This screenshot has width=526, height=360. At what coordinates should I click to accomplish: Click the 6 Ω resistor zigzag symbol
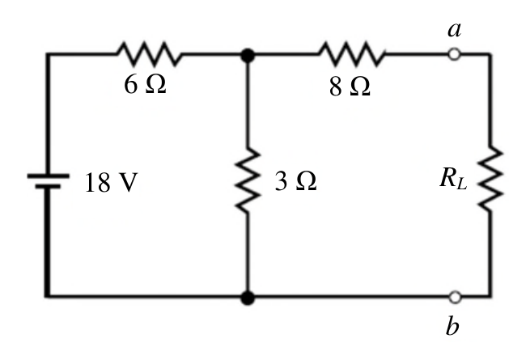tap(149, 53)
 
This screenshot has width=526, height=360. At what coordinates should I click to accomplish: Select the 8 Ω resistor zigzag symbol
tap(351, 53)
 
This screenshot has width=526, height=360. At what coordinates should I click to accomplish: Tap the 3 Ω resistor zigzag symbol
tap(248, 180)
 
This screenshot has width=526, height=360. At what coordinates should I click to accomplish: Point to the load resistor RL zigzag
tap(490, 179)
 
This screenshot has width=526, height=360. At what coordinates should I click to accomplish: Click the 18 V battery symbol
tap(48, 180)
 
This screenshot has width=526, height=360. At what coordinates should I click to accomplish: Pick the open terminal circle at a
tap(454, 54)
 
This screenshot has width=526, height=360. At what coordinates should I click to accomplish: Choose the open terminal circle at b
tap(455, 297)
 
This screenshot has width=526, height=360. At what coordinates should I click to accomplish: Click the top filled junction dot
tap(248, 55)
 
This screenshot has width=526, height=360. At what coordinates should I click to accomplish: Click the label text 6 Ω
tap(145, 84)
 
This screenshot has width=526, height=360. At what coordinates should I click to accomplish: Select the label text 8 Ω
tap(350, 87)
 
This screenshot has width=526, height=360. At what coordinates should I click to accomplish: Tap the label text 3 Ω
tap(295, 181)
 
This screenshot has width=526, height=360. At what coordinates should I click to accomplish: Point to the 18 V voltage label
tap(112, 183)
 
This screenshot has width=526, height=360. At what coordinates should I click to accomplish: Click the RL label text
tap(453, 178)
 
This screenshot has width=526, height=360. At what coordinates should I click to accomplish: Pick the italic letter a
tap(455, 30)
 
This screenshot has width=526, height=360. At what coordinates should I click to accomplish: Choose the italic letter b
tap(452, 325)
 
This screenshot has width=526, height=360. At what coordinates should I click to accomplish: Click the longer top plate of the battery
tap(48, 176)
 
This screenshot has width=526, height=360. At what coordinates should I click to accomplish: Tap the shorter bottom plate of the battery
tap(48, 186)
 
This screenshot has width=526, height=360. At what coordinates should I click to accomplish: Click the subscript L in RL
tap(462, 184)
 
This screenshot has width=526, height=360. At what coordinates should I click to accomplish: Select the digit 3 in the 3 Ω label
tap(281, 181)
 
